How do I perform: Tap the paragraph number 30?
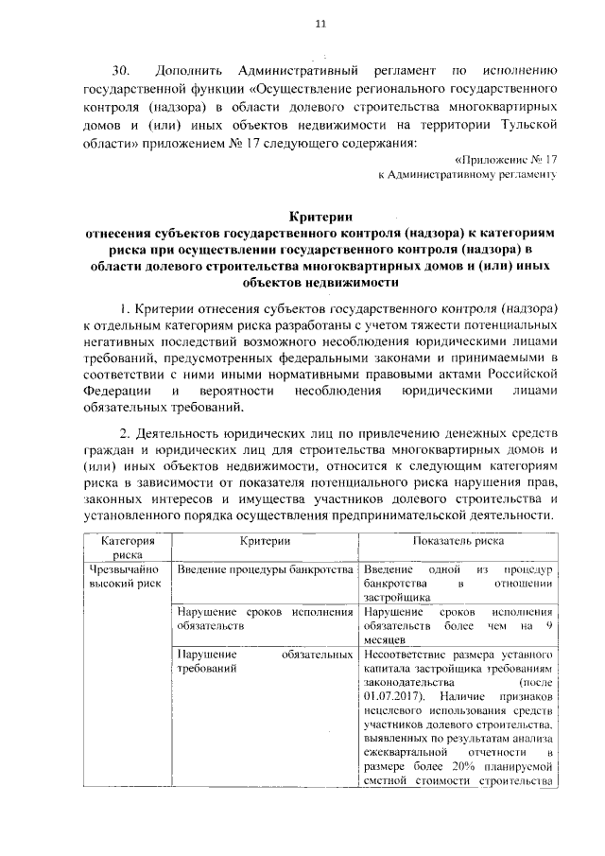[x=121, y=71]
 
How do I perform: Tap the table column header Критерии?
[x=265, y=542]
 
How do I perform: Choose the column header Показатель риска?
[x=458, y=542]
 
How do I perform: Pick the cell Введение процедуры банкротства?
[x=265, y=570]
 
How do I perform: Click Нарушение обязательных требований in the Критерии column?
[x=265, y=661]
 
